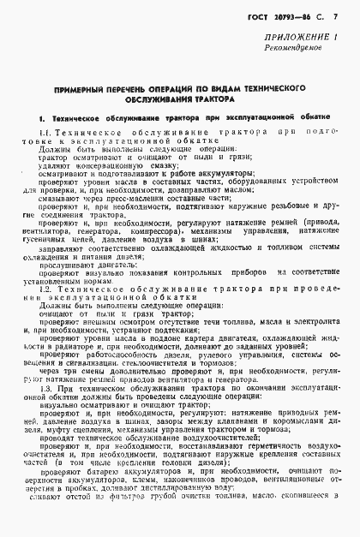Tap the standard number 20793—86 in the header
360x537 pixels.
click(x=288, y=17)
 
